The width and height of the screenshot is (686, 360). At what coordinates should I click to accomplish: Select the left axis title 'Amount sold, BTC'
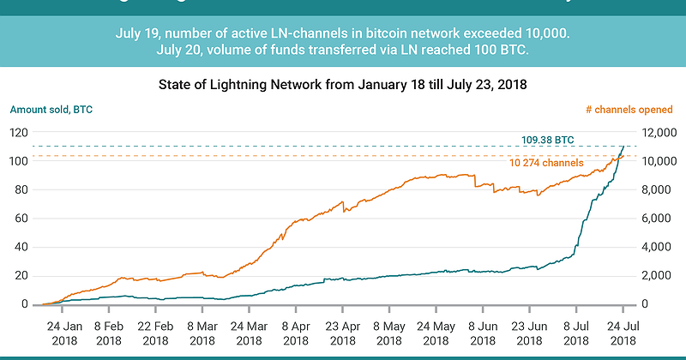click(x=51, y=110)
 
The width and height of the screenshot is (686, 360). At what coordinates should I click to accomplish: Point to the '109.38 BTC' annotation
click(x=547, y=140)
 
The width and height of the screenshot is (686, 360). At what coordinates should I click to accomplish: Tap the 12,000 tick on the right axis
click(x=659, y=133)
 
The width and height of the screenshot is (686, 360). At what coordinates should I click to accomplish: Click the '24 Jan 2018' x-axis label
click(x=64, y=333)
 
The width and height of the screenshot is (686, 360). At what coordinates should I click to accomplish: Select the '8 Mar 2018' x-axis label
click(x=202, y=333)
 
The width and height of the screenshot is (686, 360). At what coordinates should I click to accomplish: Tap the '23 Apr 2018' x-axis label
click(x=341, y=333)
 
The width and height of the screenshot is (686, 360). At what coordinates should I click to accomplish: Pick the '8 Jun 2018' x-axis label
click(x=482, y=333)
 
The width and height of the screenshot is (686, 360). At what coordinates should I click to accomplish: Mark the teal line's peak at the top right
click(x=623, y=147)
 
